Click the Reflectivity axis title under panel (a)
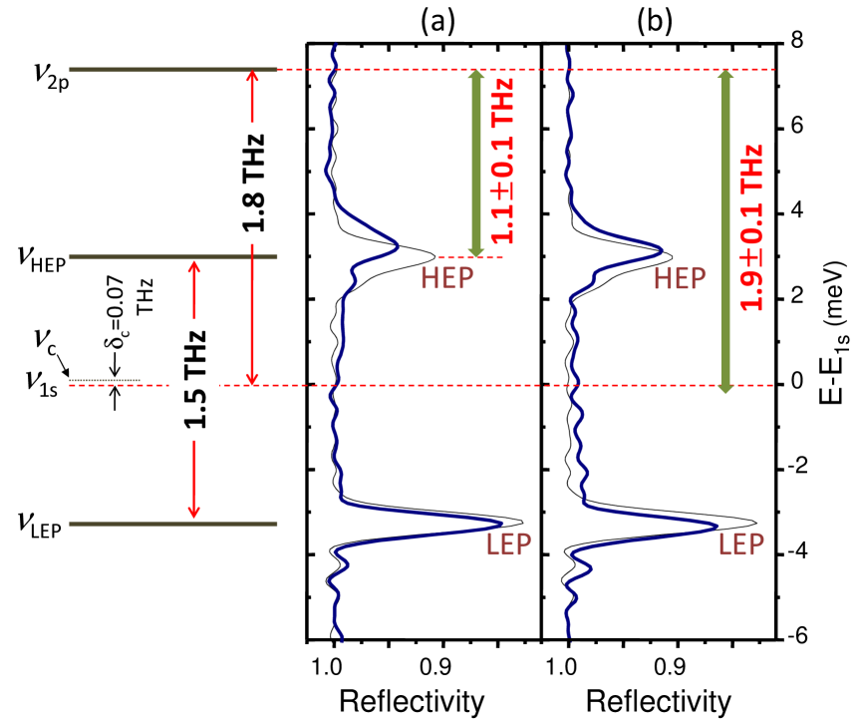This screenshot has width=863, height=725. (413, 700)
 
